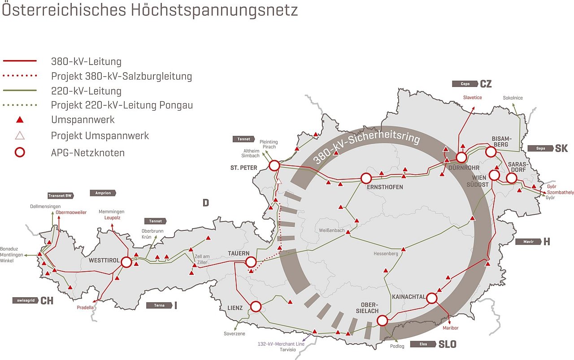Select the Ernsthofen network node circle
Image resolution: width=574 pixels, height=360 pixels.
[366, 178]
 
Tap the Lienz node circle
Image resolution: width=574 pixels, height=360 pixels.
[256, 307]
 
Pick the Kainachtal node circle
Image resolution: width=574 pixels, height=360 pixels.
[432, 298]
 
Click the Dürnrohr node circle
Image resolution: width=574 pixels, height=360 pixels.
[461, 157]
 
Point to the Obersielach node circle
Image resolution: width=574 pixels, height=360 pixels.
[382, 321]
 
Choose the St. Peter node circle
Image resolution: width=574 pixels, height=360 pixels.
[274, 166]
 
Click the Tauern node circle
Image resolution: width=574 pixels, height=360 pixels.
[251, 262]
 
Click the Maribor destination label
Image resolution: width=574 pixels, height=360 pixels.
[451, 328]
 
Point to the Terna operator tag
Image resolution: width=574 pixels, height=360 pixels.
[159, 305]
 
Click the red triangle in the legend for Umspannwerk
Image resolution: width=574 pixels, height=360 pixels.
[20, 120]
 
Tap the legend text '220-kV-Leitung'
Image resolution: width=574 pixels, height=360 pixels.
[86, 91]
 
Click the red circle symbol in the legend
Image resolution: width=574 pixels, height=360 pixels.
[20, 152]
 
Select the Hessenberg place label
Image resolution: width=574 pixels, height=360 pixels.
[386, 254]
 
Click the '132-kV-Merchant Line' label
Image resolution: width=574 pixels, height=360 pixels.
[282, 344]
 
